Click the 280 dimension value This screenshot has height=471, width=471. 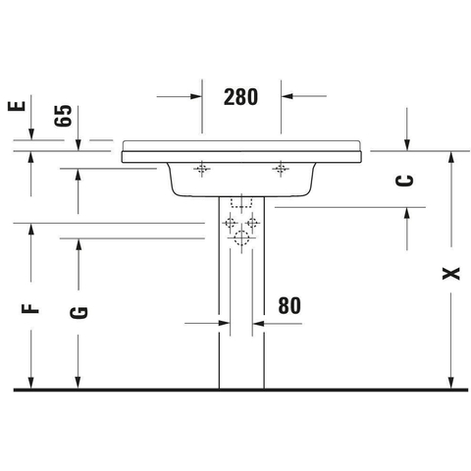click(x=240, y=97)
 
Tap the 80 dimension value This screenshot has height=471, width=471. click(x=289, y=305)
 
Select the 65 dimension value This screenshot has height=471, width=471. click(x=63, y=116)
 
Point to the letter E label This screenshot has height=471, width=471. click(x=17, y=106)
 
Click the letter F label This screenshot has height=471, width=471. click(x=30, y=308)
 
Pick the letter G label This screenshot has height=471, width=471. click(x=78, y=312)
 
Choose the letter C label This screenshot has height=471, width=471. click(x=404, y=181)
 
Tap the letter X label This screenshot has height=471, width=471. click(x=451, y=274)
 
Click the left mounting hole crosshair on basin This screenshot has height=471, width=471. click(x=202, y=169)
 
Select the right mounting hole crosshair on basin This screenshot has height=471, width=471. click(x=281, y=169)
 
